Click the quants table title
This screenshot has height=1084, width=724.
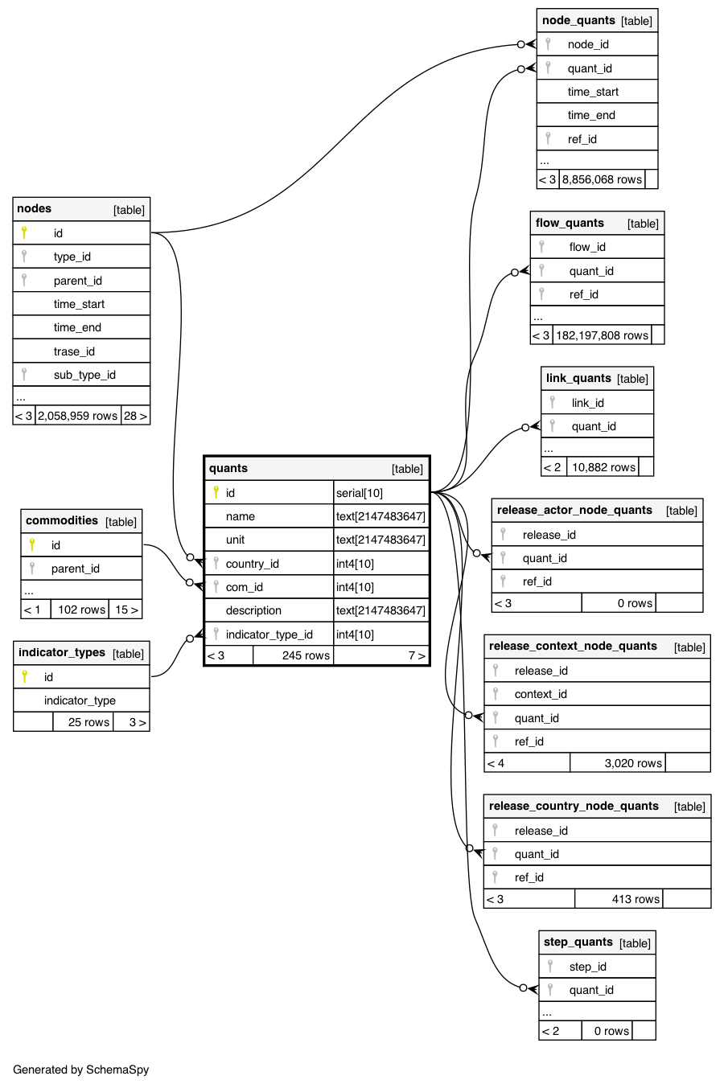point(228,469)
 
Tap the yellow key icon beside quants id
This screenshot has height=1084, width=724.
point(216,492)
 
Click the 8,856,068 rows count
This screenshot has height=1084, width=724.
point(602,179)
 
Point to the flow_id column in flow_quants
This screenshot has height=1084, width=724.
point(587,247)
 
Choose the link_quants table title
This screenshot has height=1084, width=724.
point(578,379)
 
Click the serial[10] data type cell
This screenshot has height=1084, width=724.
point(360,493)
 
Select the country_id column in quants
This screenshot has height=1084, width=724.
point(252,564)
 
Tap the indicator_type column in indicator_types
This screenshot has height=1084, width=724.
point(80,700)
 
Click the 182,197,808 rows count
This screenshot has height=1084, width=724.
point(602,335)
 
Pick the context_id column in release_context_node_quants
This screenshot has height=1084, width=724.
point(541,694)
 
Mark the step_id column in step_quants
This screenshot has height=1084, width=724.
point(587,967)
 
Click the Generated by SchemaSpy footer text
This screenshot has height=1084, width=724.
point(81,1070)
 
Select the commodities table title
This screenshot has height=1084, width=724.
point(62,521)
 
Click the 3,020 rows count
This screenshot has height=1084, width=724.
point(633,763)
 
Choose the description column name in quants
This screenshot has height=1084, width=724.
point(253,610)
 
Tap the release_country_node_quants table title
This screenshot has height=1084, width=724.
point(574,807)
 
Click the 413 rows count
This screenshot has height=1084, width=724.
point(636,899)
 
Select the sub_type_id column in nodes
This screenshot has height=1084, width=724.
point(84,375)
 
